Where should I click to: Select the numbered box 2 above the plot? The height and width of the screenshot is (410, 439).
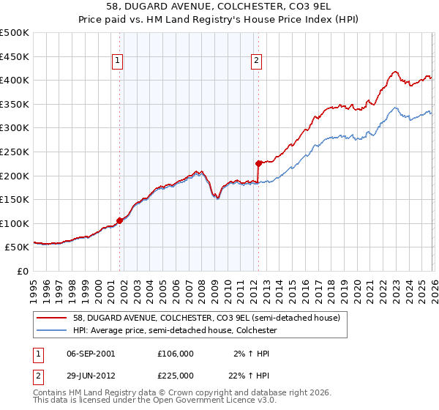click(x=257, y=62)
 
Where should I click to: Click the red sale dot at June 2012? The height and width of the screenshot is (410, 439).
click(x=258, y=163)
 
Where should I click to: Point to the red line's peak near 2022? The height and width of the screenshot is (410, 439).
click(x=395, y=72)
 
